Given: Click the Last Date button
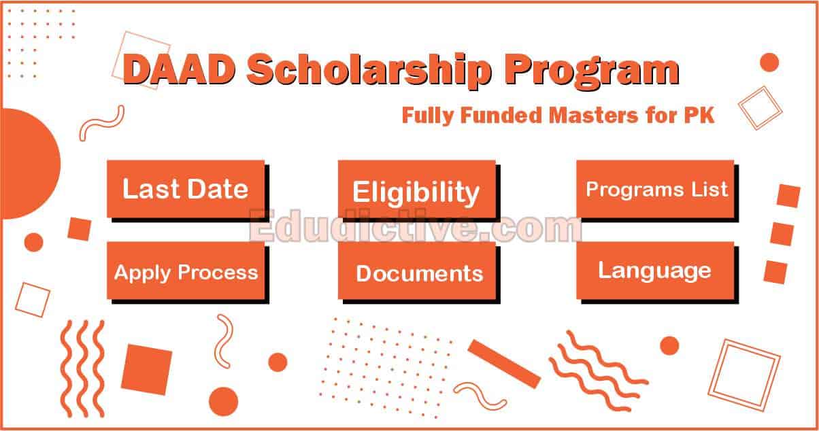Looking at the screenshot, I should [185, 188].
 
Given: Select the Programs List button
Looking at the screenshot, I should [655, 188].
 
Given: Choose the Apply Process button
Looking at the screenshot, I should [186, 272].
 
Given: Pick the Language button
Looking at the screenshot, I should [655, 270].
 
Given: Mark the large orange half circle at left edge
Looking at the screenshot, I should [27, 164].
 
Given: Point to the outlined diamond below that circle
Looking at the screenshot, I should [761, 107].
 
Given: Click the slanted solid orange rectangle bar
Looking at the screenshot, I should [504, 363].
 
